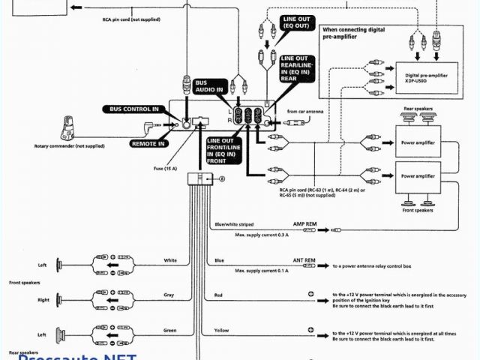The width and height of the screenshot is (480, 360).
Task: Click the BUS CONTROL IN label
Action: [136, 109]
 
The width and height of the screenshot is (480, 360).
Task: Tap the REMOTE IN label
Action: [147, 142]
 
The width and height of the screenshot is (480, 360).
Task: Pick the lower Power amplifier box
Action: [418, 175]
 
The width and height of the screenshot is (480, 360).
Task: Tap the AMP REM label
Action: [304, 224]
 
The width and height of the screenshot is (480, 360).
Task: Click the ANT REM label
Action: [304, 260]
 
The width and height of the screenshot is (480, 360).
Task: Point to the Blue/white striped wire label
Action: [233, 224]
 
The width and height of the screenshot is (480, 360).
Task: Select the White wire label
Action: [170, 260]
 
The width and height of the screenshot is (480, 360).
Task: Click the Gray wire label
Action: [169, 295]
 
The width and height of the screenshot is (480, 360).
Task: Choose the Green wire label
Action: [169, 330]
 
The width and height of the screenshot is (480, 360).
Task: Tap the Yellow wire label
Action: [222, 330]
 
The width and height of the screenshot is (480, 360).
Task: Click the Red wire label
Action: [218, 295]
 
